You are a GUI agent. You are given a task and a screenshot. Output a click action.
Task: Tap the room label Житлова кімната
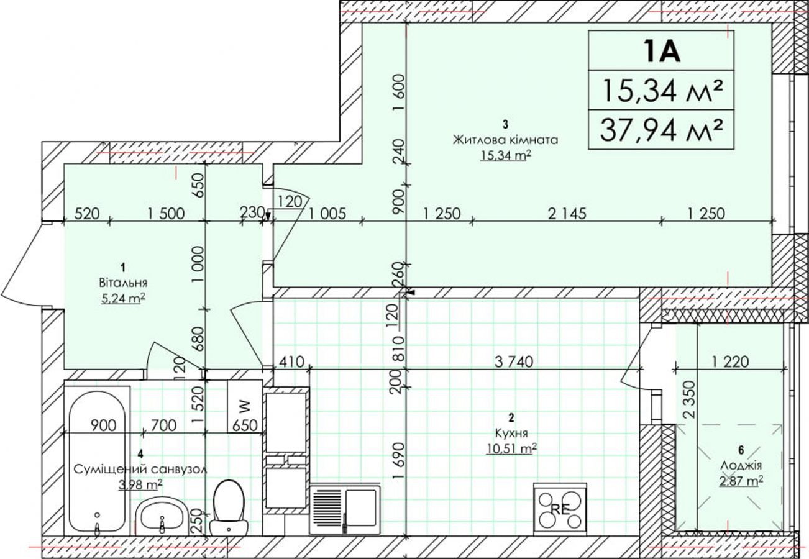pos(505,140)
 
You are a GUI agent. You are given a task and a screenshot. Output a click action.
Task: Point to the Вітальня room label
pos(123,283)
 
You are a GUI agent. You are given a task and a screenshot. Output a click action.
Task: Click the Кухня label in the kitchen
pos(511,433)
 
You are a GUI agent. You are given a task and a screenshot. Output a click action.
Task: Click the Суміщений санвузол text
pos(140,470)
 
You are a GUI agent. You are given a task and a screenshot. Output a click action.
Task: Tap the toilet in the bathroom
pos(229,507)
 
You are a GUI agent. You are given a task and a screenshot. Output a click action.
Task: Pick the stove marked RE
pos(560,509)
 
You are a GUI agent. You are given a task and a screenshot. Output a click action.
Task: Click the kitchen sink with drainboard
pos(345,510)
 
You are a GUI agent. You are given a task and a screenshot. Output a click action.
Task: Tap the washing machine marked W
pos(245,406)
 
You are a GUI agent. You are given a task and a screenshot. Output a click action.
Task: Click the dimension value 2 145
pos(567,214)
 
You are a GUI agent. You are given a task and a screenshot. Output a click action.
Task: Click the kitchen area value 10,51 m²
pos(511,449)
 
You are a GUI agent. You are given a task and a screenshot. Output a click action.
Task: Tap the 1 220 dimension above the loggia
pos(729,361)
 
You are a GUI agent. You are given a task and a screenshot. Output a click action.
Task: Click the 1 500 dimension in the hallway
pos(166,214)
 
